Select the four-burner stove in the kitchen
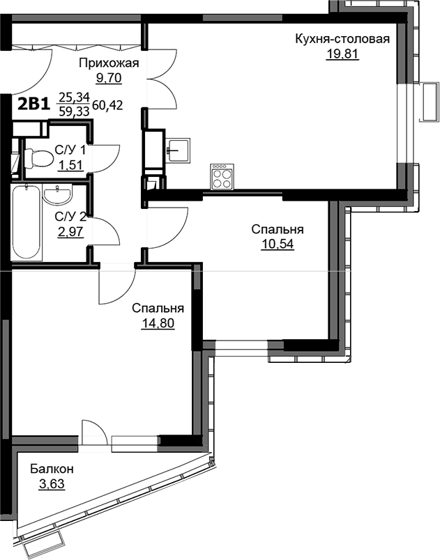[222, 177]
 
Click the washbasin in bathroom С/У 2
[57, 194]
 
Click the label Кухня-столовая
[342, 39]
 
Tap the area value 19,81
[342, 54]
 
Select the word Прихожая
[109, 63]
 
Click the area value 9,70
[109, 77]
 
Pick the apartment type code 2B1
[33, 104]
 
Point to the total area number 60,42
[107, 105]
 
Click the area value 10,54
[278, 244]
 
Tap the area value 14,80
[158, 324]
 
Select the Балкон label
[52, 469]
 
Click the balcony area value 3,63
[52, 484]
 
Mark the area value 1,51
[70, 165]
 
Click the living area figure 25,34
[75, 96]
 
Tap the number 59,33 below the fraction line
[75, 111]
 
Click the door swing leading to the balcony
[94, 432]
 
